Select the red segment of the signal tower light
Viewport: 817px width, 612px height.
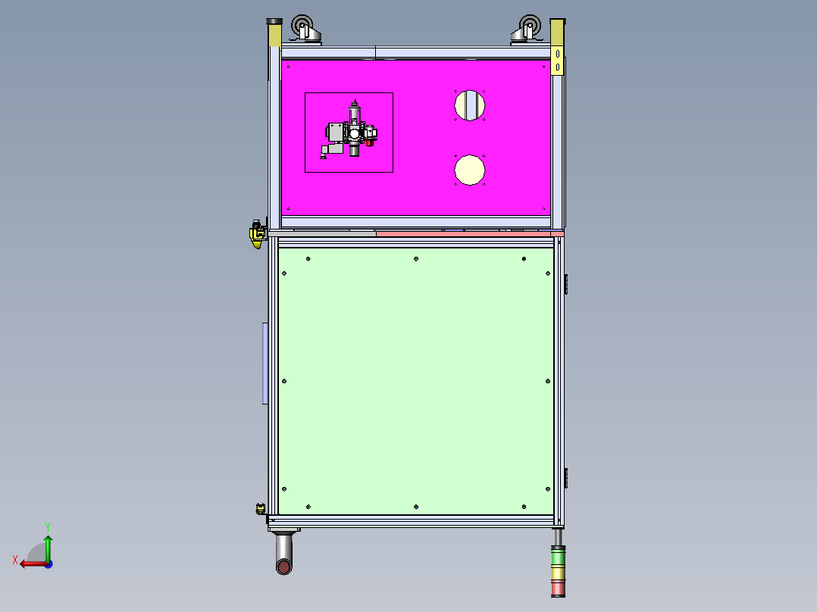[x=558, y=588]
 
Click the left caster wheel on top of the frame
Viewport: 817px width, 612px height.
[x=303, y=29]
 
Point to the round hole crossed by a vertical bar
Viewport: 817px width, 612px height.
[x=470, y=105]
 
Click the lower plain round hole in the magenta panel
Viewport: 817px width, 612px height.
[x=470, y=170]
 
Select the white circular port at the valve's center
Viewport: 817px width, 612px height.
[x=355, y=134]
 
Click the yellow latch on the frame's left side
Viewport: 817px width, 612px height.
[x=257, y=233]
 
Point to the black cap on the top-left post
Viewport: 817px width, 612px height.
[x=274, y=22]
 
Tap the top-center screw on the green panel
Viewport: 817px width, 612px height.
[x=416, y=260]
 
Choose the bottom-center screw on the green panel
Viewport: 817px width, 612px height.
[x=416, y=506]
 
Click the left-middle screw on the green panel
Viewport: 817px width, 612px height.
[x=284, y=381]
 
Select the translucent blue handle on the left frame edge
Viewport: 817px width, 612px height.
[x=265, y=364]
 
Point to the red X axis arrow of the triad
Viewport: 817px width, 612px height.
[x=29, y=564]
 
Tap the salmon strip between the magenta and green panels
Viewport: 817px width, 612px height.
[x=466, y=233]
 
